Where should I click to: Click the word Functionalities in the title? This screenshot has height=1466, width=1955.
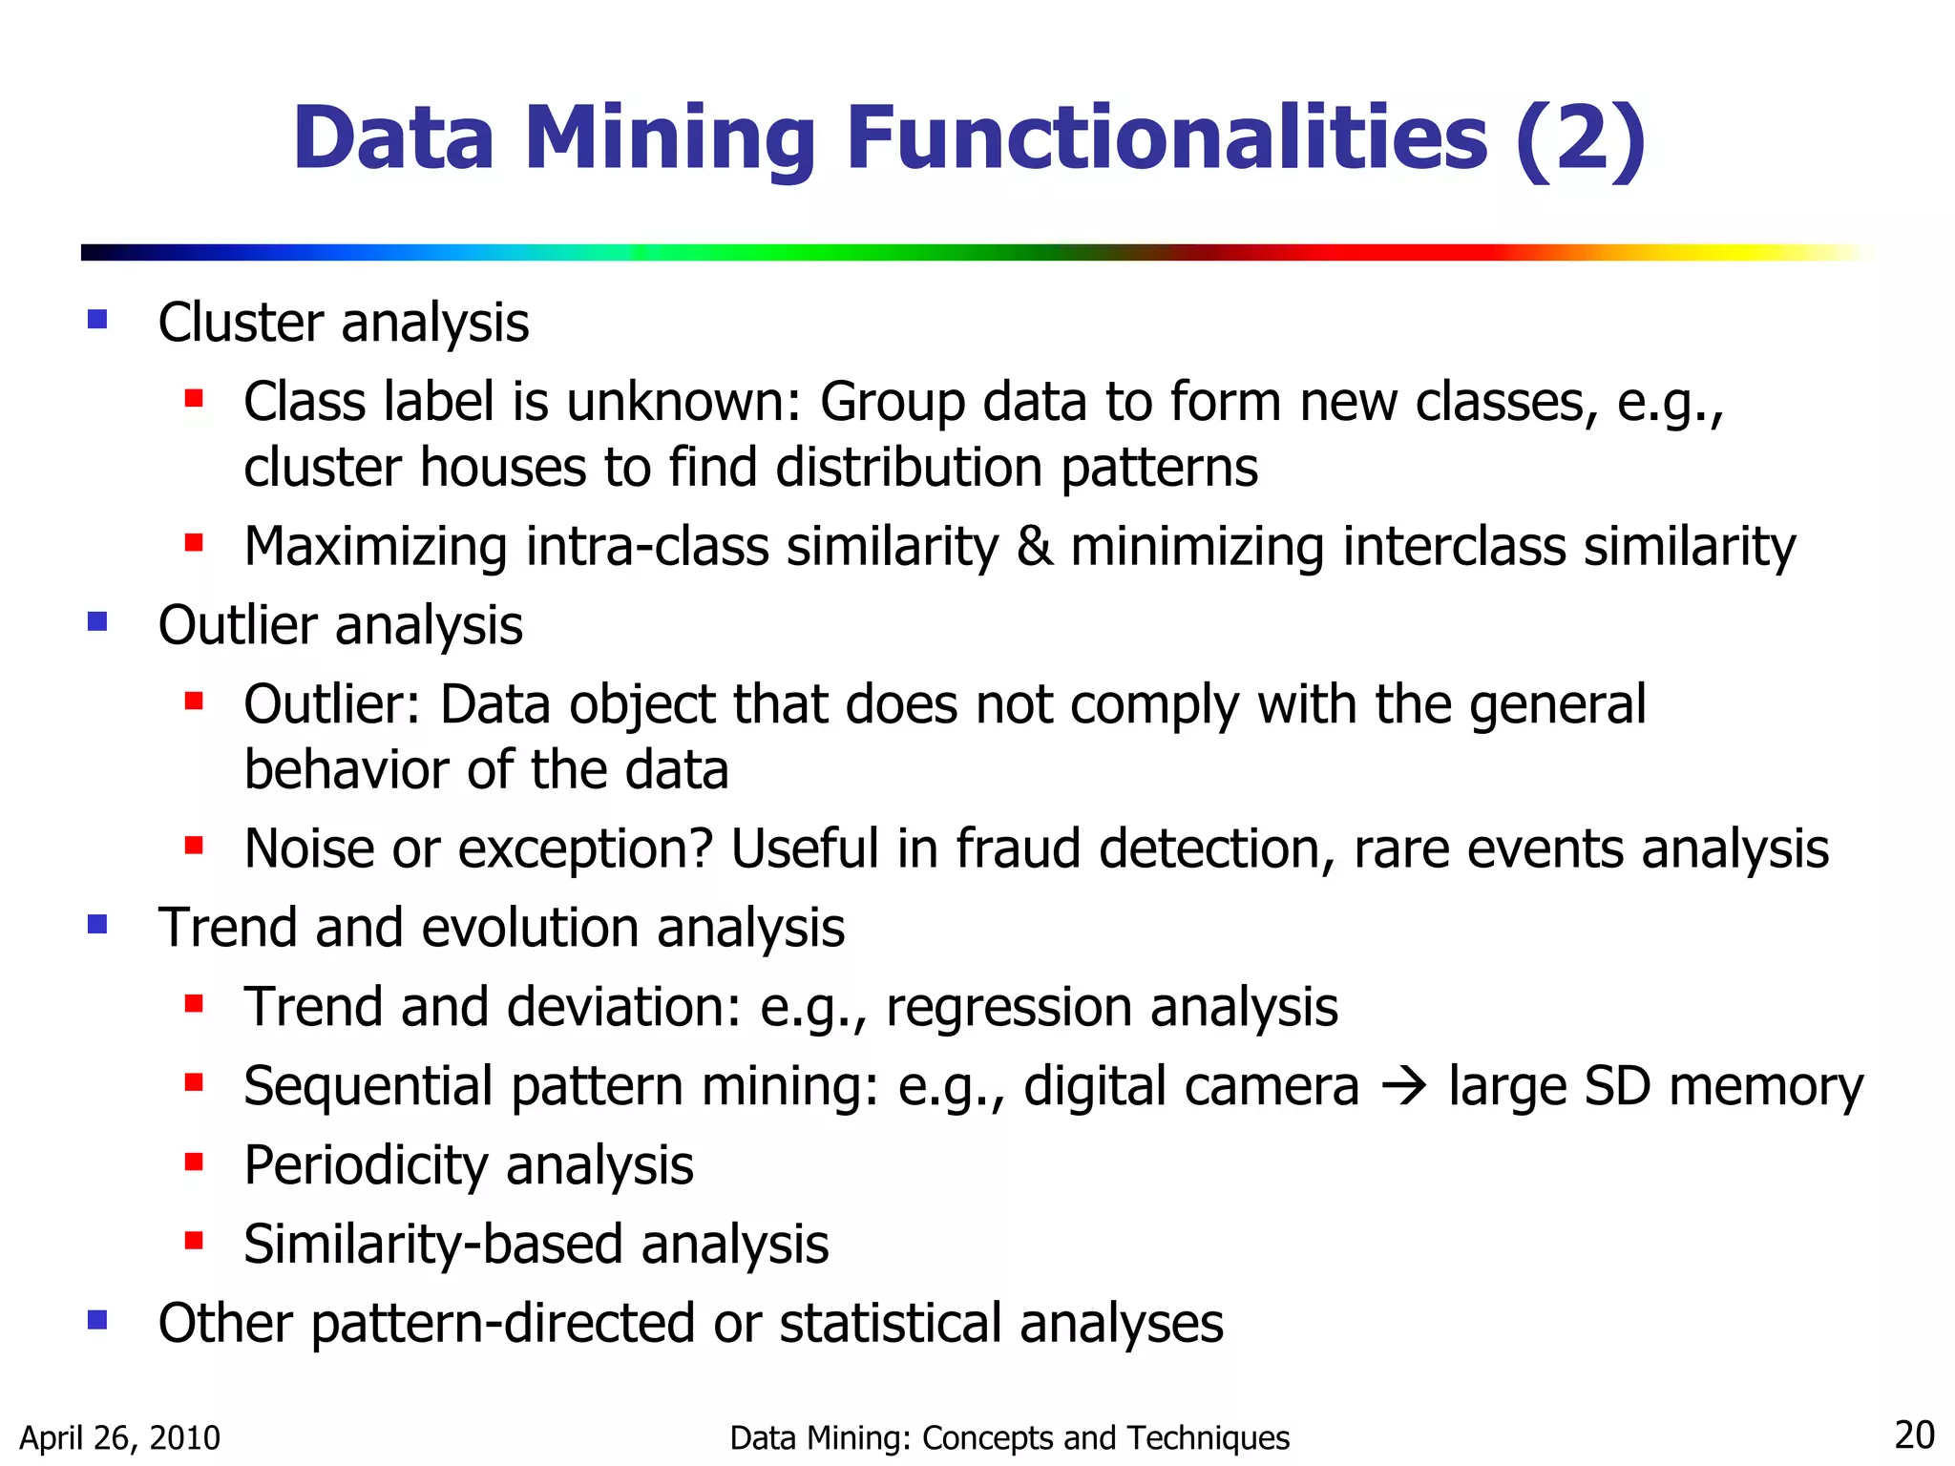[x=1167, y=139]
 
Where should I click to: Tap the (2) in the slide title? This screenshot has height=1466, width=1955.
[x=1580, y=139]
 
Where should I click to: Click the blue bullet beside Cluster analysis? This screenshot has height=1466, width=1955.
[x=97, y=319]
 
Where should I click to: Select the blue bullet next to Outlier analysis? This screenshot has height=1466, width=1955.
[x=97, y=622]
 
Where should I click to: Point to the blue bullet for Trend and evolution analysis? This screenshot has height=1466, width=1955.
[x=97, y=924]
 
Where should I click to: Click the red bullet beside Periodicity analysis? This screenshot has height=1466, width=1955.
[x=195, y=1162]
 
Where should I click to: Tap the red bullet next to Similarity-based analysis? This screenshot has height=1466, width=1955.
[x=195, y=1241]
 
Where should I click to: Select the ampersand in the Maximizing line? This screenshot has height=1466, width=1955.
[x=1035, y=547]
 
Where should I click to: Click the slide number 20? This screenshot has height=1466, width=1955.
[x=1914, y=1435]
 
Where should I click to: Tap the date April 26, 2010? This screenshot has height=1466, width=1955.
[x=120, y=1437]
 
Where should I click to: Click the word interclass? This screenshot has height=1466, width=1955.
[x=1455, y=547]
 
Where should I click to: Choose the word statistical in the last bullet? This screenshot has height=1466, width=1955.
[x=891, y=1324]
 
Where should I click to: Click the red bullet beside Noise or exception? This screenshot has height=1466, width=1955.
[x=195, y=846]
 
